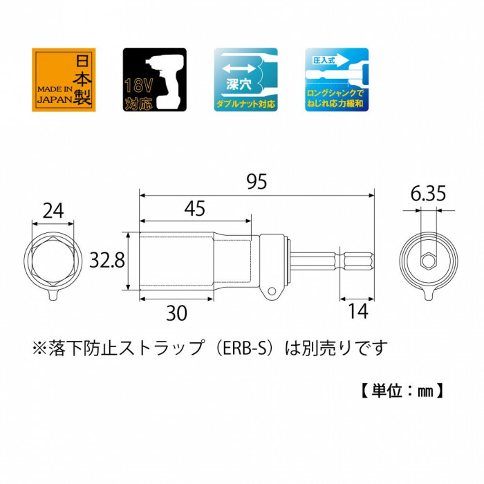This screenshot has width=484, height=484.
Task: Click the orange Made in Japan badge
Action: [x=64, y=80]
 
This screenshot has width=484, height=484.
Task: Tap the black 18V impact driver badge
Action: [x=155, y=80]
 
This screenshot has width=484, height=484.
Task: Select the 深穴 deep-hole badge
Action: [x=245, y=80]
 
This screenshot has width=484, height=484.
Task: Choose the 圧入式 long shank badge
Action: [x=337, y=80]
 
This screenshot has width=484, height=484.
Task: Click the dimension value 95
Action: [x=257, y=181]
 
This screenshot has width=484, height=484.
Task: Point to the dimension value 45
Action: [x=194, y=208]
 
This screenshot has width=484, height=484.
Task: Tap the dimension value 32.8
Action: [x=107, y=260]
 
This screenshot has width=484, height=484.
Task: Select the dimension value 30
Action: [x=176, y=313]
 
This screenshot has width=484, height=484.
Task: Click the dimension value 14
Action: [x=358, y=311]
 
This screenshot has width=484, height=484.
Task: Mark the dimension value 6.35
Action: [x=428, y=194]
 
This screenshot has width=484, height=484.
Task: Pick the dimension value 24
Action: [x=53, y=211]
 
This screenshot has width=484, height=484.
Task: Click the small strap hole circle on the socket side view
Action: [x=272, y=291]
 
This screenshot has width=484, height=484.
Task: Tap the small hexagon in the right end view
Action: [x=428, y=261]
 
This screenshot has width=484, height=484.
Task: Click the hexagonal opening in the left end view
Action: [x=53, y=261]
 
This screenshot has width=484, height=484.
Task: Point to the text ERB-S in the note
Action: [x=244, y=348]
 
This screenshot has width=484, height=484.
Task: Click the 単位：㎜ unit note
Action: [x=402, y=391]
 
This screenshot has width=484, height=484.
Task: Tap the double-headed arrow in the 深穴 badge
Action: [x=239, y=68]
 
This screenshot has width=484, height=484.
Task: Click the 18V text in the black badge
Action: [x=138, y=86]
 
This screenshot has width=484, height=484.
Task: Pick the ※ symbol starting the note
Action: [x=39, y=348]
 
